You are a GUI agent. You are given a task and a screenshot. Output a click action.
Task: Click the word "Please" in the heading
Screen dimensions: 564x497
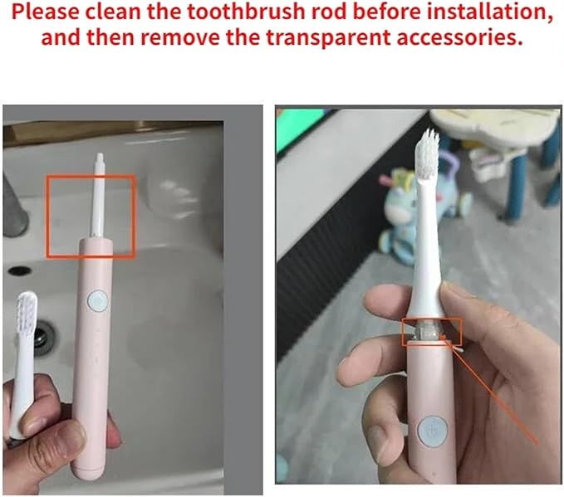[46, 12]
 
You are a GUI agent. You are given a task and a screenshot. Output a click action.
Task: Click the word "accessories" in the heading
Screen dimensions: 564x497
[459, 37]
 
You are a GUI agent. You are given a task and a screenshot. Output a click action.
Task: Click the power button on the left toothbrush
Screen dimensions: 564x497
[97, 300]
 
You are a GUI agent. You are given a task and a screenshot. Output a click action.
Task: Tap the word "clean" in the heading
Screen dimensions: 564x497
[114, 12]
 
